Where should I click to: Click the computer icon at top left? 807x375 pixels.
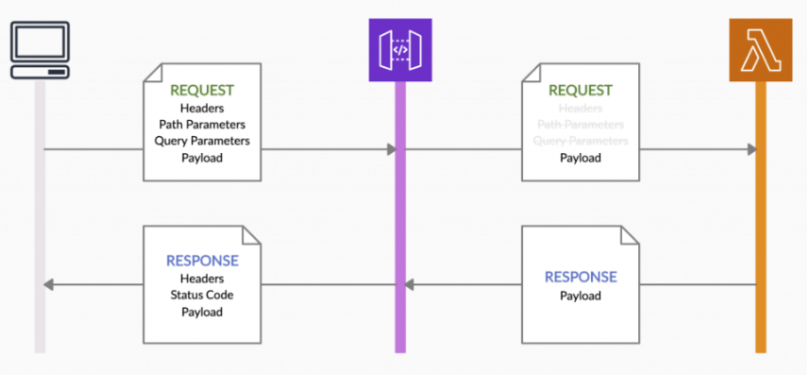pyautogui.click(x=41, y=50)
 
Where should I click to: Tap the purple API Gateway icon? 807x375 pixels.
pyautogui.click(x=399, y=50)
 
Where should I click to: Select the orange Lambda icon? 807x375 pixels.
pyautogui.click(x=760, y=49)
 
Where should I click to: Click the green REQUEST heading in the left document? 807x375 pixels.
pyautogui.click(x=202, y=91)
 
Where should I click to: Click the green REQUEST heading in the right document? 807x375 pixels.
pyautogui.click(x=580, y=91)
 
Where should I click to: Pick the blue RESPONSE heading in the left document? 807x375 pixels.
pyautogui.click(x=202, y=261)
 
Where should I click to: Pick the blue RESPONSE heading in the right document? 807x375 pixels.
pyautogui.click(x=580, y=277)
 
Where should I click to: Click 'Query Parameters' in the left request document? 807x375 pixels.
pyautogui.click(x=202, y=141)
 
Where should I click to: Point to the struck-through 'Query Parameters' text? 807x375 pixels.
pyautogui.click(x=580, y=141)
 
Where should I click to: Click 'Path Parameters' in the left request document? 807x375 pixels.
pyautogui.click(x=202, y=124)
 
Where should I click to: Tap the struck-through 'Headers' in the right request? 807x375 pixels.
pyautogui.click(x=580, y=108)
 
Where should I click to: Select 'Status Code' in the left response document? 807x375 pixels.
pyautogui.click(x=202, y=295)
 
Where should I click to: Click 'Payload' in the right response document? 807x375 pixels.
pyautogui.click(x=580, y=296)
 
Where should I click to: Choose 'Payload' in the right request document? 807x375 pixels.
pyautogui.click(x=580, y=158)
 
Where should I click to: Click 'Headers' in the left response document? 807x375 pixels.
pyautogui.click(x=202, y=278)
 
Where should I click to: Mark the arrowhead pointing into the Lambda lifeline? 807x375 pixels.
pyautogui.click(x=751, y=149)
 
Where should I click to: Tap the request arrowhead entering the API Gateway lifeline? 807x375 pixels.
pyautogui.click(x=390, y=149)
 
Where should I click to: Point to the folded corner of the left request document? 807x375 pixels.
pyautogui.click(x=253, y=71)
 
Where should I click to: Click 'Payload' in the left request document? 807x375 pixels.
pyautogui.click(x=202, y=158)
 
